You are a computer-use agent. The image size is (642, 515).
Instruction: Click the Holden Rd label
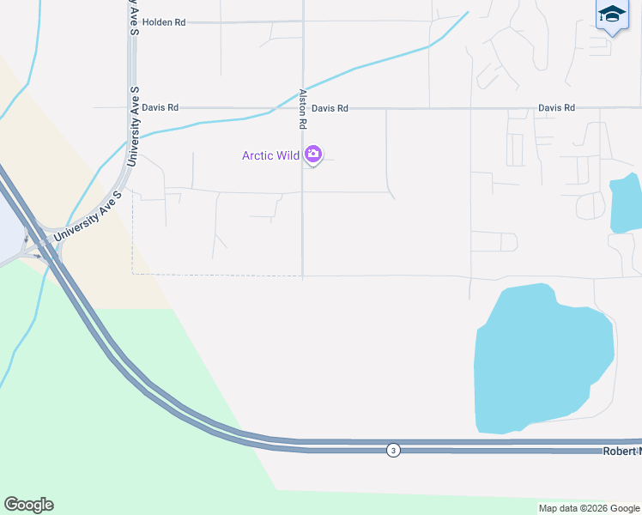164,22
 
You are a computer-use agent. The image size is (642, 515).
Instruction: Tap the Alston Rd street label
303,109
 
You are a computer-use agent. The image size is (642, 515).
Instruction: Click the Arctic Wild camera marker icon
313,155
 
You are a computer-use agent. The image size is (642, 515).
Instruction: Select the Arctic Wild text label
270,155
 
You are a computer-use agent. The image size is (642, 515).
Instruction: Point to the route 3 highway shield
393,450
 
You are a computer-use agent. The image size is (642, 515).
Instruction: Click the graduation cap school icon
611,15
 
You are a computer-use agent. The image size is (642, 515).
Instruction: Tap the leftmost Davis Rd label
160,108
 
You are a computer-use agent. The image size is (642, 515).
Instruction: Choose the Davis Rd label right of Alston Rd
330,109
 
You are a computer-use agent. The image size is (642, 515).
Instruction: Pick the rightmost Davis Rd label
556,108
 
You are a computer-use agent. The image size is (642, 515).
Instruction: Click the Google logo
28,505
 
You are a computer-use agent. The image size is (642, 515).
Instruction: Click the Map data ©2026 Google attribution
590,508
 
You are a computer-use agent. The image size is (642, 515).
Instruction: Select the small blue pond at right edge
626,203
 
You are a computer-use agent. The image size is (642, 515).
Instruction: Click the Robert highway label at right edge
622,451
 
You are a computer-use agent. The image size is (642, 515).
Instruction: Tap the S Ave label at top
134,17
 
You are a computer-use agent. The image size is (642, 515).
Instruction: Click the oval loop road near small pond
591,205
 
